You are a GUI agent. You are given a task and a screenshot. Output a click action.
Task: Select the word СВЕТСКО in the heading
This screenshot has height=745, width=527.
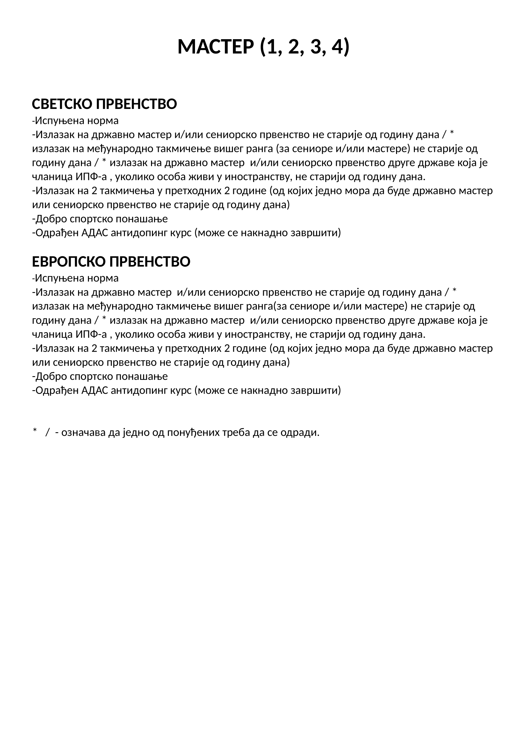point(62,104)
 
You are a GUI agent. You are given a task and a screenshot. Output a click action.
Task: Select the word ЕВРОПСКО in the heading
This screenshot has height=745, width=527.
point(69,262)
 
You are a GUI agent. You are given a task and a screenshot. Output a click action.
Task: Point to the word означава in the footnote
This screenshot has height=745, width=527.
point(83,433)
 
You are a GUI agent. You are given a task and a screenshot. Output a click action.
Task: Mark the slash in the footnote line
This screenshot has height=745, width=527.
point(48,433)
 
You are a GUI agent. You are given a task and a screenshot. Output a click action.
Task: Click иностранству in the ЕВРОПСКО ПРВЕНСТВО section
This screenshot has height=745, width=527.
point(256,334)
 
